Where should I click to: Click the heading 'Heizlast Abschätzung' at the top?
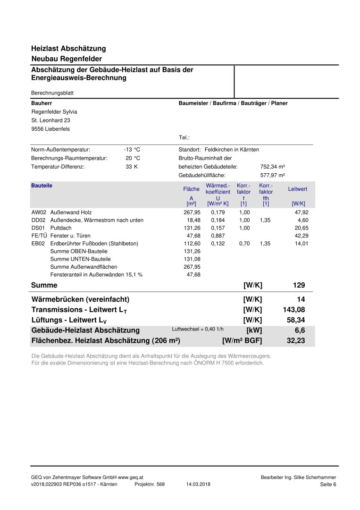click(68, 48)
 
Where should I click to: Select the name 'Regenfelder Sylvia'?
click(54, 112)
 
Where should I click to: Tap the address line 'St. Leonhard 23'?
click(50, 120)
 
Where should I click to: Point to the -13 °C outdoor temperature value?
click(132, 149)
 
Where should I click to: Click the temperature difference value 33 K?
click(132, 167)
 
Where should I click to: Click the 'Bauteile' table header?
click(42, 186)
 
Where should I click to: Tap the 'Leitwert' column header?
click(298, 189)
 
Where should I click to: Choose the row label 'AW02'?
click(38, 212)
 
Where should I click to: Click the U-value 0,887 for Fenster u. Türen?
click(218, 236)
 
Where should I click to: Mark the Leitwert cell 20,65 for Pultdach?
click(300, 228)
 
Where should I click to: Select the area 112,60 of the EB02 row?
click(192, 244)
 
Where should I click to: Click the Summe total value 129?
click(299, 285)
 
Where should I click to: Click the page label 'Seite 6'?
click(328, 484)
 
